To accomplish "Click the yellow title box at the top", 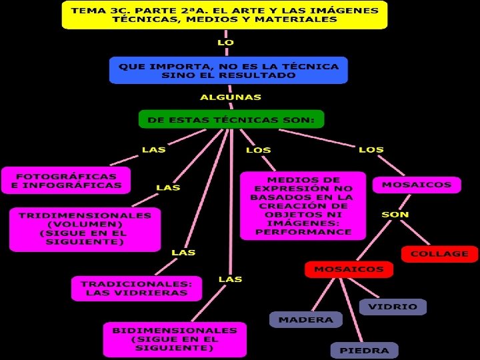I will click(x=224, y=15).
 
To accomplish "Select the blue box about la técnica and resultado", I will click(x=229, y=70).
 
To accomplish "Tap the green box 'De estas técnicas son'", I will click(x=231, y=120).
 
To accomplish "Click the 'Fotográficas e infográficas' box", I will click(x=66, y=180).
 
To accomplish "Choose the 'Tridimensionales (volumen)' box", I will click(x=85, y=229).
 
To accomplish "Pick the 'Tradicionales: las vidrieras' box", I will click(x=136, y=288).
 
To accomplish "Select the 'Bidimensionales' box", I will click(x=175, y=339).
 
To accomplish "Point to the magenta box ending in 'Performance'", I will click(x=303, y=206).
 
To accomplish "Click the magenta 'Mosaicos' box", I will click(x=417, y=185).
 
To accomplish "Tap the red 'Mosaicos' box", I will click(x=349, y=269).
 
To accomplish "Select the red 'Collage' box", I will click(x=439, y=254).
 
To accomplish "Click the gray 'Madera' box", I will click(x=305, y=319).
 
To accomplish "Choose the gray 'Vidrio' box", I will click(x=393, y=307).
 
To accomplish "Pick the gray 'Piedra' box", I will click(x=364, y=350).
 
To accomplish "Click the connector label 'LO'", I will click(x=225, y=42).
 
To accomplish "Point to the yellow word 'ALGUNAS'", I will click(x=231, y=97).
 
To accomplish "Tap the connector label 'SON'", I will click(x=395, y=215).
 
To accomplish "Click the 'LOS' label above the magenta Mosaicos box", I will click(x=371, y=149).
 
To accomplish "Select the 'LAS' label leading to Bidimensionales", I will click(x=231, y=279).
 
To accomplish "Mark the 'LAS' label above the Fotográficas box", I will click(x=153, y=149).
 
